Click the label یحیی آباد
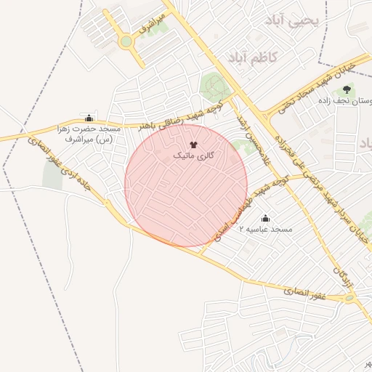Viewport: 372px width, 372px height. tap(294, 21)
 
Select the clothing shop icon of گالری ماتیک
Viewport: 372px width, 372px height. tap(193, 146)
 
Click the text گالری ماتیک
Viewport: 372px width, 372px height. tap(193, 156)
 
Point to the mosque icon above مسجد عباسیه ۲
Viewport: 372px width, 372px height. tap(264, 218)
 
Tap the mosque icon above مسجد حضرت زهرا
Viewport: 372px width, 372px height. tap(89, 118)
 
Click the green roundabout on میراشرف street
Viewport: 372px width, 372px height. tap(126, 41)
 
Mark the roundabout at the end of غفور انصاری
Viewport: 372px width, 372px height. tap(350, 298)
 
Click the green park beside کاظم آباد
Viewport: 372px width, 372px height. tap(213, 86)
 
